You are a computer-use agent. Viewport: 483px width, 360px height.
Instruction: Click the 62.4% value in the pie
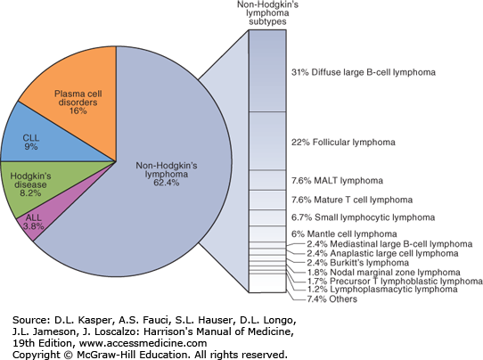click(167, 183)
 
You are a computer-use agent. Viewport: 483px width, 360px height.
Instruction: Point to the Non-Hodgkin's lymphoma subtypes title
click(267, 13)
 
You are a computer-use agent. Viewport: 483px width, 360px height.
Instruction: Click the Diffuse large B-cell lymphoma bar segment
click(267, 70)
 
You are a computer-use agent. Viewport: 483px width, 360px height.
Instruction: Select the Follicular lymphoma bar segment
click(267, 141)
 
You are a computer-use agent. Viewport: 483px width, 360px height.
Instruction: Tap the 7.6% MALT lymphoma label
click(338, 181)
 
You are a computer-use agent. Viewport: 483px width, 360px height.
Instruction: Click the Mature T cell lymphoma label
click(364, 200)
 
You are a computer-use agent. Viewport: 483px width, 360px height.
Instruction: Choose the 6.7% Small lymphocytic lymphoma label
click(364, 217)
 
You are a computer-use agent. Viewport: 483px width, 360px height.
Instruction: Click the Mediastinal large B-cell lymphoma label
click(401, 244)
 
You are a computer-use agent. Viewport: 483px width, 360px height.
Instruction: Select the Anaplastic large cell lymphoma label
click(394, 253)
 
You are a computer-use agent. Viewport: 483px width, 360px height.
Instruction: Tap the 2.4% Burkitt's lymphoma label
click(358, 263)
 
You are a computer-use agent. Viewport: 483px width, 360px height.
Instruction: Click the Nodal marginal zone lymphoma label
click(395, 273)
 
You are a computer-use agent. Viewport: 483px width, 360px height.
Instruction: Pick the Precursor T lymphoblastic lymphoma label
click(406, 282)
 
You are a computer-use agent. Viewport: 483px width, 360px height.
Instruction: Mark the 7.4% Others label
click(332, 299)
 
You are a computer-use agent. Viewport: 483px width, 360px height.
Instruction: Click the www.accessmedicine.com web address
click(143, 343)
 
